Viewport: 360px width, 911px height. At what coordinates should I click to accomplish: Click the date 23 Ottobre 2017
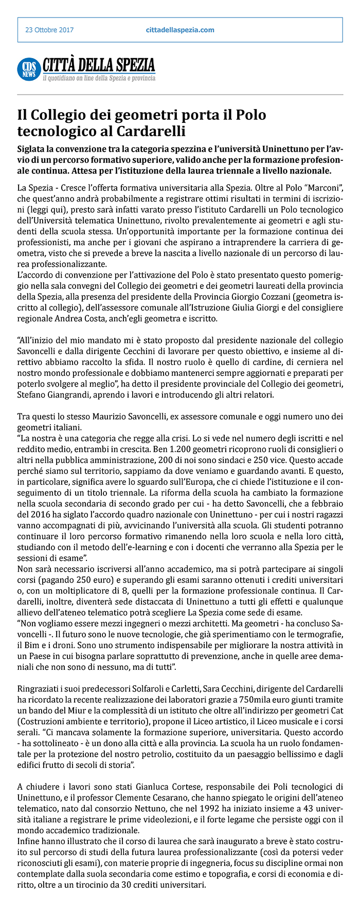coord(49,30)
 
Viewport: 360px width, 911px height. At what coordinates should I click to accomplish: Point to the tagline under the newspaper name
coord(99,79)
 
